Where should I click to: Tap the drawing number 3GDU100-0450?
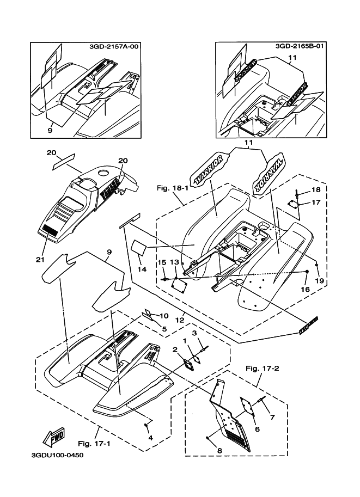pyautogui.click(x=53, y=455)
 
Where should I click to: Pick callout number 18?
pyautogui.click(x=316, y=189)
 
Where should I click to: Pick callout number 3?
pyautogui.click(x=193, y=333)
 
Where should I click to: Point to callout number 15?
pyautogui.click(x=161, y=262)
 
